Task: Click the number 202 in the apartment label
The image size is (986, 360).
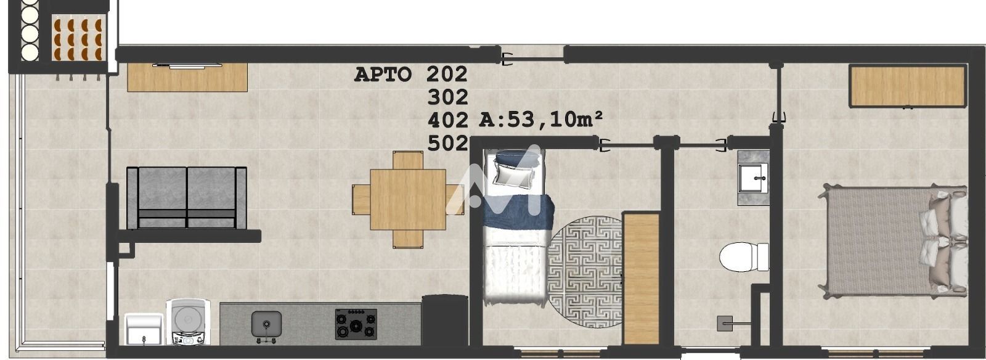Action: pyautogui.click(x=446, y=74)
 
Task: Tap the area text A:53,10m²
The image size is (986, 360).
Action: pyautogui.click(x=540, y=119)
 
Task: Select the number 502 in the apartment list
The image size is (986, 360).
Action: pyautogui.click(x=447, y=144)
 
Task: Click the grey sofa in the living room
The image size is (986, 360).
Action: pyautogui.click(x=187, y=198)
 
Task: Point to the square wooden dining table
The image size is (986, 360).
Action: pyautogui.click(x=408, y=199)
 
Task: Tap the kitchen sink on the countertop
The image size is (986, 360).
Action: pyautogui.click(x=266, y=324)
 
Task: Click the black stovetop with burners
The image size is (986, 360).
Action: pyautogui.click(x=356, y=324)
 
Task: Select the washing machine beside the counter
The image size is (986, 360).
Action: pyautogui.click(x=188, y=322)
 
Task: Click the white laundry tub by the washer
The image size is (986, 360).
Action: pyautogui.click(x=144, y=329)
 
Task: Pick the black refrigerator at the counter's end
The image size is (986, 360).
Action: pyautogui.click(x=444, y=321)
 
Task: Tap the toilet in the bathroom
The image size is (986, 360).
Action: pyautogui.click(x=744, y=256)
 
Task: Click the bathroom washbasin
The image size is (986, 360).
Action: pyautogui.click(x=753, y=178)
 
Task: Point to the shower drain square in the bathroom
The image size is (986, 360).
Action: pyautogui.click(x=725, y=324)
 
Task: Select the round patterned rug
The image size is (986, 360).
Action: pyautogui.click(x=585, y=271)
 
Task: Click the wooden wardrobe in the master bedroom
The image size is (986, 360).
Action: pyautogui.click(x=908, y=86)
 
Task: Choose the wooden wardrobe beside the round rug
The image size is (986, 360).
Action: pyautogui.click(x=641, y=279)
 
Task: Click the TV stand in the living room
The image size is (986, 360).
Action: pyautogui.click(x=187, y=77)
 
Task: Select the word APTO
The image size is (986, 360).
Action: pyautogui.click(x=383, y=75)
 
